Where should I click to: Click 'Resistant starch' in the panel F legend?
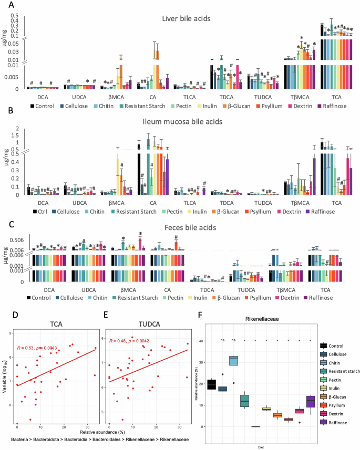point(342,371)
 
